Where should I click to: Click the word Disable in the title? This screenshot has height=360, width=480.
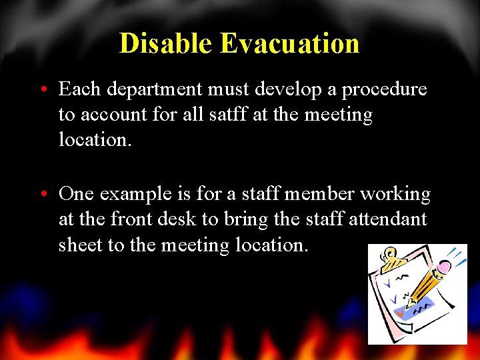click(x=166, y=43)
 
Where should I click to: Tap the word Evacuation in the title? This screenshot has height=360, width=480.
click(x=289, y=43)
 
